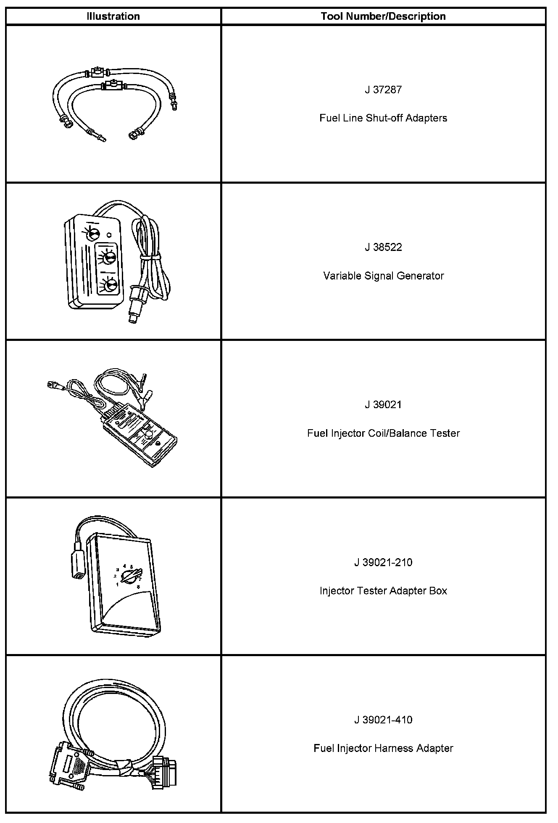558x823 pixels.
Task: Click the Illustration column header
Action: [x=113, y=16]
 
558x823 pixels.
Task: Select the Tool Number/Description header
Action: [x=383, y=16]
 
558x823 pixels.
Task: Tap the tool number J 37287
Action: [x=383, y=90]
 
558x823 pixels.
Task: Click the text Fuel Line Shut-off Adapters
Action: [x=383, y=118]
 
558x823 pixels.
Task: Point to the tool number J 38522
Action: [x=383, y=247]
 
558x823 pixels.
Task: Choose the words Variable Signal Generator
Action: [x=383, y=276]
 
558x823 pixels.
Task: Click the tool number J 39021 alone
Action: [x=383, y=405]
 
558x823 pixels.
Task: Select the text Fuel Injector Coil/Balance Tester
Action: [x=383, y=433]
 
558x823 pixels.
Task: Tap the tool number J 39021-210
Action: [x=383, y=562]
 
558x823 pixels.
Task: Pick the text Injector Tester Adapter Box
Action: [x=383, y=591]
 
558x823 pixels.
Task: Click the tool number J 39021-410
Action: [x=383, y=720]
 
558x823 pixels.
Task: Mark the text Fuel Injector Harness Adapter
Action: [x=383, y=749]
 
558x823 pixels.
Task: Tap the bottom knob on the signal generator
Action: [x=110, y=285]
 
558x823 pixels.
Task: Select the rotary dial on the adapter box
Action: [x=132, y=576]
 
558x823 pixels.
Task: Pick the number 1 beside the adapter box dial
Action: [x=117, y=584]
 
